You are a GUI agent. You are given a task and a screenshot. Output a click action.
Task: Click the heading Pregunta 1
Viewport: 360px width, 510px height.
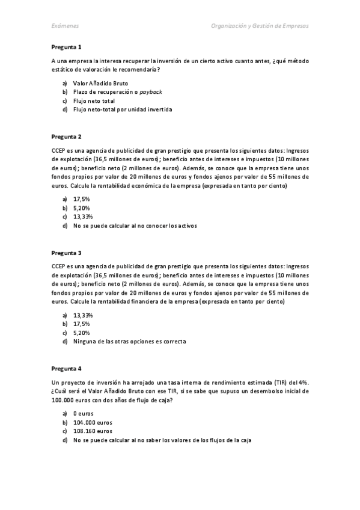click(x=66, y=47)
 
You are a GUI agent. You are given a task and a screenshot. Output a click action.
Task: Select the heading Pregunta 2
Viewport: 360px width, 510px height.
click(x=66, y=137)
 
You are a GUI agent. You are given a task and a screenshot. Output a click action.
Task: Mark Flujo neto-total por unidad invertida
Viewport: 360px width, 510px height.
click(x=114, y=110)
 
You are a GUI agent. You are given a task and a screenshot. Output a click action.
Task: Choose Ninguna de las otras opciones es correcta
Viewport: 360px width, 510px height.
click(x=129, y=342)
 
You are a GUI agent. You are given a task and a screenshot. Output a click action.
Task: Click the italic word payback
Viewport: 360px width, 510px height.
click(x=151, y=92)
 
